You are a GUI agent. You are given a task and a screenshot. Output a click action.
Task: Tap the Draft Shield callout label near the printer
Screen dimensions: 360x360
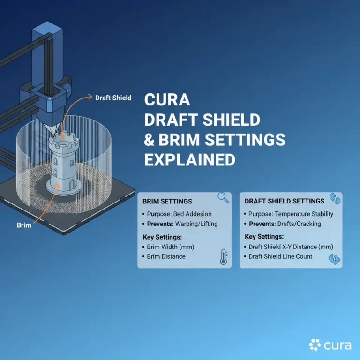[x=113, y=98]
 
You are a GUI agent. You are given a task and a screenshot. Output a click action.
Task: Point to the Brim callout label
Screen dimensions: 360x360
[x=23, y=225]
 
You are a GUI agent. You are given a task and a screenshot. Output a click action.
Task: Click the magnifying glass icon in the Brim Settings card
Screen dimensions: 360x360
[x=224, y=198]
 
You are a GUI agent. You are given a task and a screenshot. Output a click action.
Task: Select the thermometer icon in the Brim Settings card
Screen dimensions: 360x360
[x=223, y=257]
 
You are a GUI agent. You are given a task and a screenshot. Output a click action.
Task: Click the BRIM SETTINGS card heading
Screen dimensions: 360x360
[x=167, y=201]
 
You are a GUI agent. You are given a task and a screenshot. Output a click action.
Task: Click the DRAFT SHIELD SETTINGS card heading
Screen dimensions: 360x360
[x=284, y=201]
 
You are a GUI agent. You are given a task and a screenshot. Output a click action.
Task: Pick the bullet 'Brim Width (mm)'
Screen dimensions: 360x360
[x=170, y=247]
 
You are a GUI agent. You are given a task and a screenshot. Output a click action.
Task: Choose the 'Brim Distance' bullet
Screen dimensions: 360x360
[x=166, y=256]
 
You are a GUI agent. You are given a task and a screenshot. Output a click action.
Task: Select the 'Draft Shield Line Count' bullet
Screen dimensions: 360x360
[x=280, y=256]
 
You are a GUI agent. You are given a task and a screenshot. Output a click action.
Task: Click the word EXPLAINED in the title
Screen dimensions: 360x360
[x=189, y=159]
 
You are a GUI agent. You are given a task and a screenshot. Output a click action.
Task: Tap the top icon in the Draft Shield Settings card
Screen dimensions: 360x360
[x=335, y=198]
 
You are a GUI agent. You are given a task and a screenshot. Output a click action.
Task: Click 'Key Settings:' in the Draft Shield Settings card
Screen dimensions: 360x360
[x=264, y=237]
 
